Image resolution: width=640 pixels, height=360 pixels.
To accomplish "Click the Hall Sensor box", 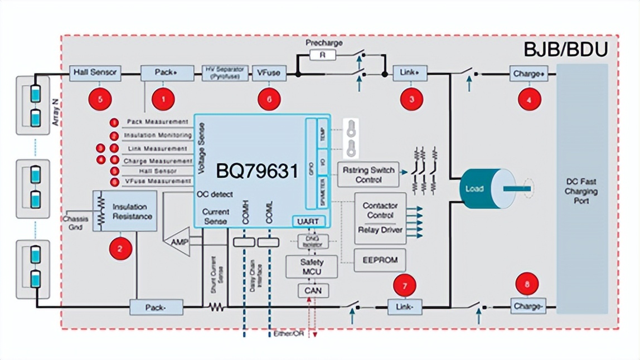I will point(95,72).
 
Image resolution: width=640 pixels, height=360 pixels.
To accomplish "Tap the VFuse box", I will point(269,72).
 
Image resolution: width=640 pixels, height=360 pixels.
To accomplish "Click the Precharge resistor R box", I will point(324,55).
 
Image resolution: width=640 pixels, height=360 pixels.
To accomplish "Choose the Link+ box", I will point(410,72).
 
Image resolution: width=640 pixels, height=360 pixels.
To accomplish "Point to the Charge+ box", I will point(527,73).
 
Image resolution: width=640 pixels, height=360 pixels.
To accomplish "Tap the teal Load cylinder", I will point(478,188).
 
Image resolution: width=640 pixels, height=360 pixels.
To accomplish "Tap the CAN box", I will point(313,290).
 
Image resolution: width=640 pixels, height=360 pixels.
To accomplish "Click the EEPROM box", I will point(380,260).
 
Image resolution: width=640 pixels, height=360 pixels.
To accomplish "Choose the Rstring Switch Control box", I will point(368,175).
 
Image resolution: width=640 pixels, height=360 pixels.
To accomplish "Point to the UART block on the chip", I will point(308,221).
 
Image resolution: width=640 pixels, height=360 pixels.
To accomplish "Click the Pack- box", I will point(156,307).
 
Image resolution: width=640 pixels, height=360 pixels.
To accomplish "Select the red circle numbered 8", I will point(527,284).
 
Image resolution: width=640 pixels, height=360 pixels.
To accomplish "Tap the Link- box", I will point(405,307).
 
